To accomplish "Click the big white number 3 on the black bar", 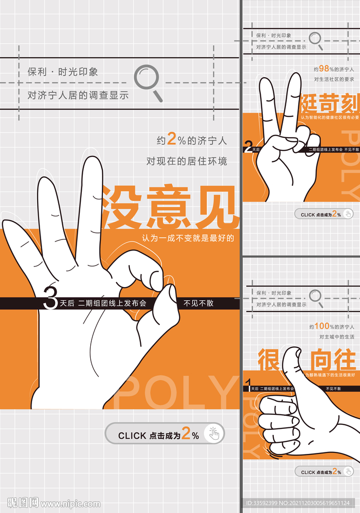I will (x=50, y=299).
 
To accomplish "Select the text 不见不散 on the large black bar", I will (x=198, y=303).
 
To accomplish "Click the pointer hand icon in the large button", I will (x=214, y=433).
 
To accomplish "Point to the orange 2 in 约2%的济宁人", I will (x=172, y=140).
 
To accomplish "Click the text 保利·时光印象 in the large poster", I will (x=63, y=72).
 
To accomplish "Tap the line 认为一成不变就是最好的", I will (x=188, y=238).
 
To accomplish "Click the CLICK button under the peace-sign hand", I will (x=323, y=214).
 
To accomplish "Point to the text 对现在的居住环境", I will (x=187, y=161).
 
